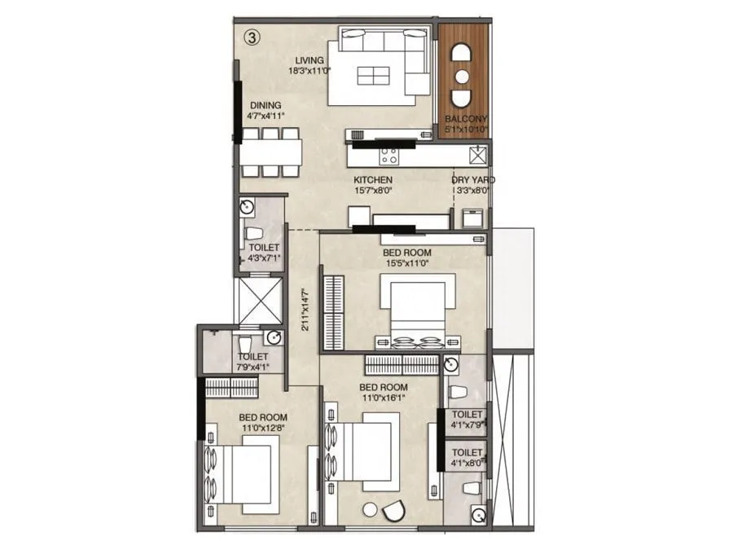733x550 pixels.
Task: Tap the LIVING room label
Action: (x=309, y=59)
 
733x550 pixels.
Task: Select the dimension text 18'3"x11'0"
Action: (x=309, y=70)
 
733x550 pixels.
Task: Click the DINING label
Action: (x=266, y=105)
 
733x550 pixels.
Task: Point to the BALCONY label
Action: (x=466, y=118)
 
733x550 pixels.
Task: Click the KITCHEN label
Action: (x=373, y=180)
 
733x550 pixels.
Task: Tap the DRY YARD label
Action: (x=473, y=180)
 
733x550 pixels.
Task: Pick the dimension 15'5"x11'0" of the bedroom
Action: (x=406, y=263)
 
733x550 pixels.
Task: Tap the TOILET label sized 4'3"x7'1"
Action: (x=264, y=247)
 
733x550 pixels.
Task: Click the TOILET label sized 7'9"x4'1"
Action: (x=252, y=357)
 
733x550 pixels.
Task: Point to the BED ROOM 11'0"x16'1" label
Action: (x=383, y=387)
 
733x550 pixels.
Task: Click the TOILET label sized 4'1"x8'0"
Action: (x=467, y=451)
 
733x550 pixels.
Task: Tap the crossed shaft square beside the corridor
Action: (x=259, y=301)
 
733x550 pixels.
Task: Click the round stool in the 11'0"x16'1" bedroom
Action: (x=371, y=509)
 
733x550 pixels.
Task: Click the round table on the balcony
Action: (x=462, y=76)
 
